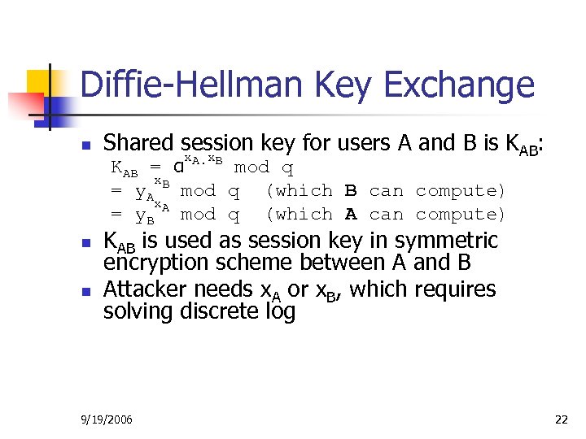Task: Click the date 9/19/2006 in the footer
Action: coord(108,419)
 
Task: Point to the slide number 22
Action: coord(561,419)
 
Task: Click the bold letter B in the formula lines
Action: coord(351,191)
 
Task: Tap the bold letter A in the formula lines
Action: coord(351,215)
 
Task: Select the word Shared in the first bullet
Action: coord(138,144)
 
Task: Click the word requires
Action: coord(456,289)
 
